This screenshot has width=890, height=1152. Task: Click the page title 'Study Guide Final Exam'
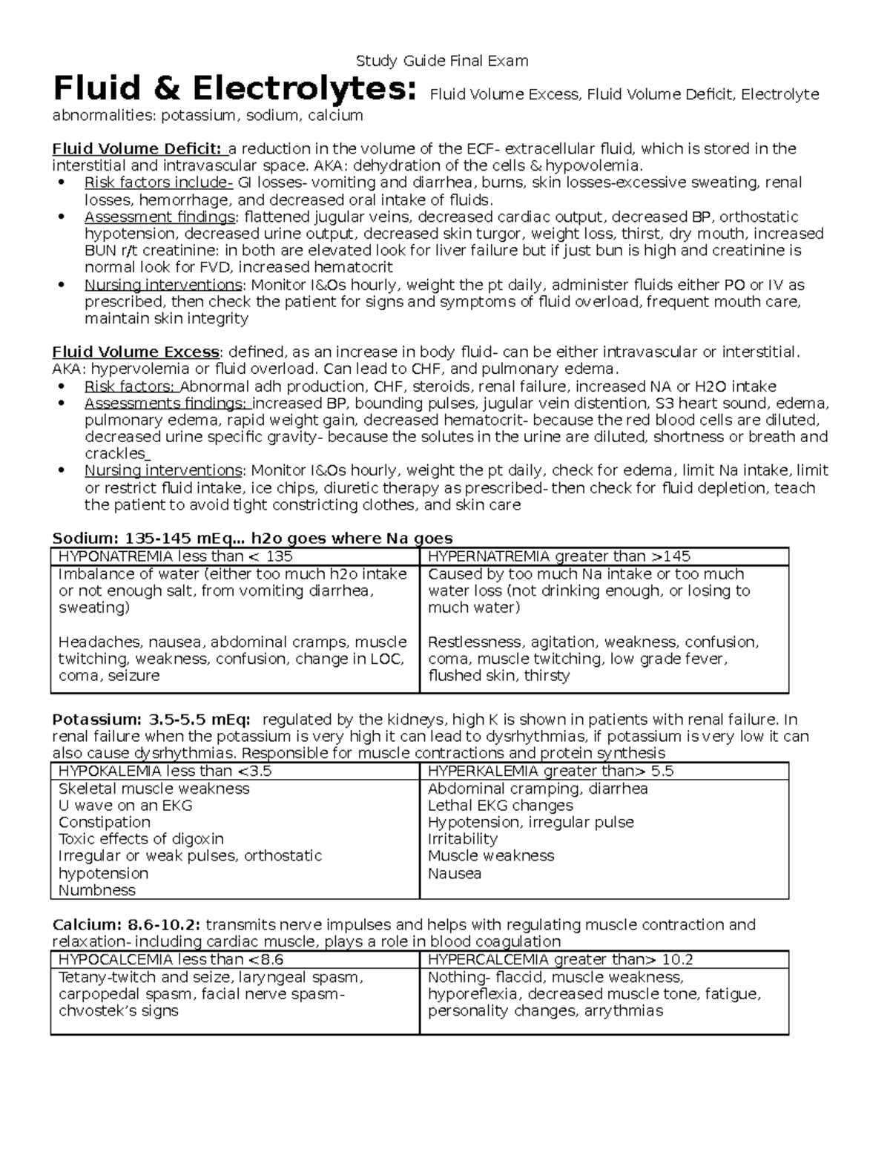coord(442,61)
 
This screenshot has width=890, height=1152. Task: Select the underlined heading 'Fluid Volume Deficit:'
coord(136,148)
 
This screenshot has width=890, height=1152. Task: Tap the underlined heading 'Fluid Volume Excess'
coord(135,352)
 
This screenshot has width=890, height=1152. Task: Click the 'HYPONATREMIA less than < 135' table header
coord(175,556)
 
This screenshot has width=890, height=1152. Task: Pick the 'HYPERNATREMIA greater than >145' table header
coord(559,556)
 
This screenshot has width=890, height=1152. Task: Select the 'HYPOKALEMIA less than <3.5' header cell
coord(165,771)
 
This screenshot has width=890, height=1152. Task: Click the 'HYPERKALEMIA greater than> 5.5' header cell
coord(550,771)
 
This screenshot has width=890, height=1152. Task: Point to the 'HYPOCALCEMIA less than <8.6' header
coord(171,959)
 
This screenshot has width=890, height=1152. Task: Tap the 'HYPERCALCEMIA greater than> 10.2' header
coord(560,959)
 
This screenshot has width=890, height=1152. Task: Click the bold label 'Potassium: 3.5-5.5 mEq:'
coord(151,720)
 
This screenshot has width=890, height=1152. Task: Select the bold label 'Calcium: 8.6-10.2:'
coord(126,925)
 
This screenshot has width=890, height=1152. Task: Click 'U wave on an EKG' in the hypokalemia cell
coord(125,806)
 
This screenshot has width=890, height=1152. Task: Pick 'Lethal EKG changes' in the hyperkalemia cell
coord(500,806)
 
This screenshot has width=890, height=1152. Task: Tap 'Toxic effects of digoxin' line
coord(141,839)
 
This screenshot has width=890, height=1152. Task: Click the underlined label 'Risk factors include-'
coord(158,182)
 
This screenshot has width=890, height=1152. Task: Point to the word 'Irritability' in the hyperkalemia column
coord(462,839)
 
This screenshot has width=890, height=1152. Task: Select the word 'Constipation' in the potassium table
coord(104,823)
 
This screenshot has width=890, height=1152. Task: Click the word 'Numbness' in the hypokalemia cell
coord(96,890)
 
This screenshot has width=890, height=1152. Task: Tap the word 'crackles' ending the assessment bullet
coord(116,454)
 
